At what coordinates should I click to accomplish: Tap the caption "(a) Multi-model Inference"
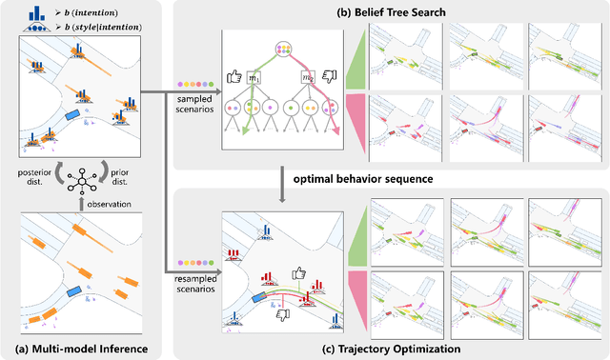point(84,350)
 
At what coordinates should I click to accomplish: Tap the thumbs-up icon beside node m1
point(231,75)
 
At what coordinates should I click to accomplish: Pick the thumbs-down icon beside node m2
point(331,76)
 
